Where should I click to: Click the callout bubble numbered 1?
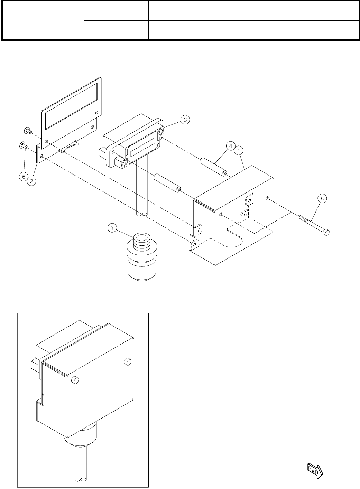239,150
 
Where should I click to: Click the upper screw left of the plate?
27,131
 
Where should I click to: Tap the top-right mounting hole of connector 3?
161,132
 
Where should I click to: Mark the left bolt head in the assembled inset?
74,380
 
